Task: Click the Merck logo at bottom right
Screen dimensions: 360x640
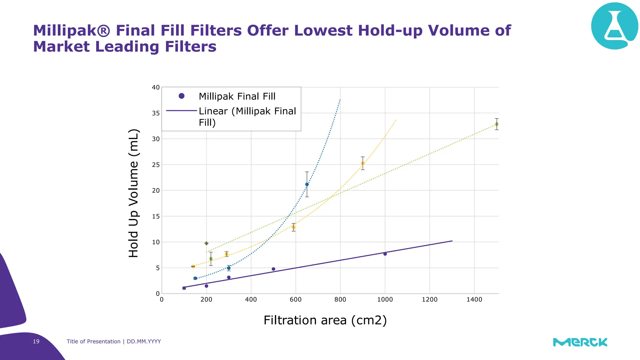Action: pyautogui.click(x=580, y=342)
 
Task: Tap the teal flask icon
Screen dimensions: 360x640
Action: pyautogui.click(x=614, y=26)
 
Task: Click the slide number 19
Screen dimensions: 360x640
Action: pyautogui.click(x=36, y=342)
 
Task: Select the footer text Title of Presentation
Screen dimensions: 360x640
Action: pyautogui.click(x=93, y=342)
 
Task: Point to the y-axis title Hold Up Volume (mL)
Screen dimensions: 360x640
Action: pyautogui.click(x=133, y=193)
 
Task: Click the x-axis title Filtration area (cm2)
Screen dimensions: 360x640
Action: pyautogui.click(x=325, y=320)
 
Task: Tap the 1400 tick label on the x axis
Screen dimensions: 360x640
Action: pyautogui.click(x=474, y=300)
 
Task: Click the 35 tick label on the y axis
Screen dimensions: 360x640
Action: pyautogui.click(x=156, y=113)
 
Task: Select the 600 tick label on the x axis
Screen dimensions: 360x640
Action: pyautogui.click(x=295, y=300)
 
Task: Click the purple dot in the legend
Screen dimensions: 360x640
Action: pyautogui.click(x=182, y=96)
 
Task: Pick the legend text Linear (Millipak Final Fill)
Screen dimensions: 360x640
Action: pyautogui.click(x=247, y=117)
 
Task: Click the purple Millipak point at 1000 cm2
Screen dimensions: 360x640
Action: pyautogui.click(x=385, y=254)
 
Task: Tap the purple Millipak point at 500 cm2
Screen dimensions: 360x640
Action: pyautogui.click(x=273, y=269)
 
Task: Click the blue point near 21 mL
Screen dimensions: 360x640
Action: pyautogui.click(x=307, y=184)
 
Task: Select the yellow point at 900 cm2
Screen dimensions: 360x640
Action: pyautogui.click(x=362, y=163)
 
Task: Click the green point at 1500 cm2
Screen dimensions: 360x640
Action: pyautogui.click(x=497, y=124)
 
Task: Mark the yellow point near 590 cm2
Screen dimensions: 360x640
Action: pyautogui.click(x=293, y=227)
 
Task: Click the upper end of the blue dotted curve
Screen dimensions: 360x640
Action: pyautogui.click(x=340, y=100)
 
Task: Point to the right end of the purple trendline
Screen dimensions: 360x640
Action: pyautogui.click(x=452, y=241)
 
